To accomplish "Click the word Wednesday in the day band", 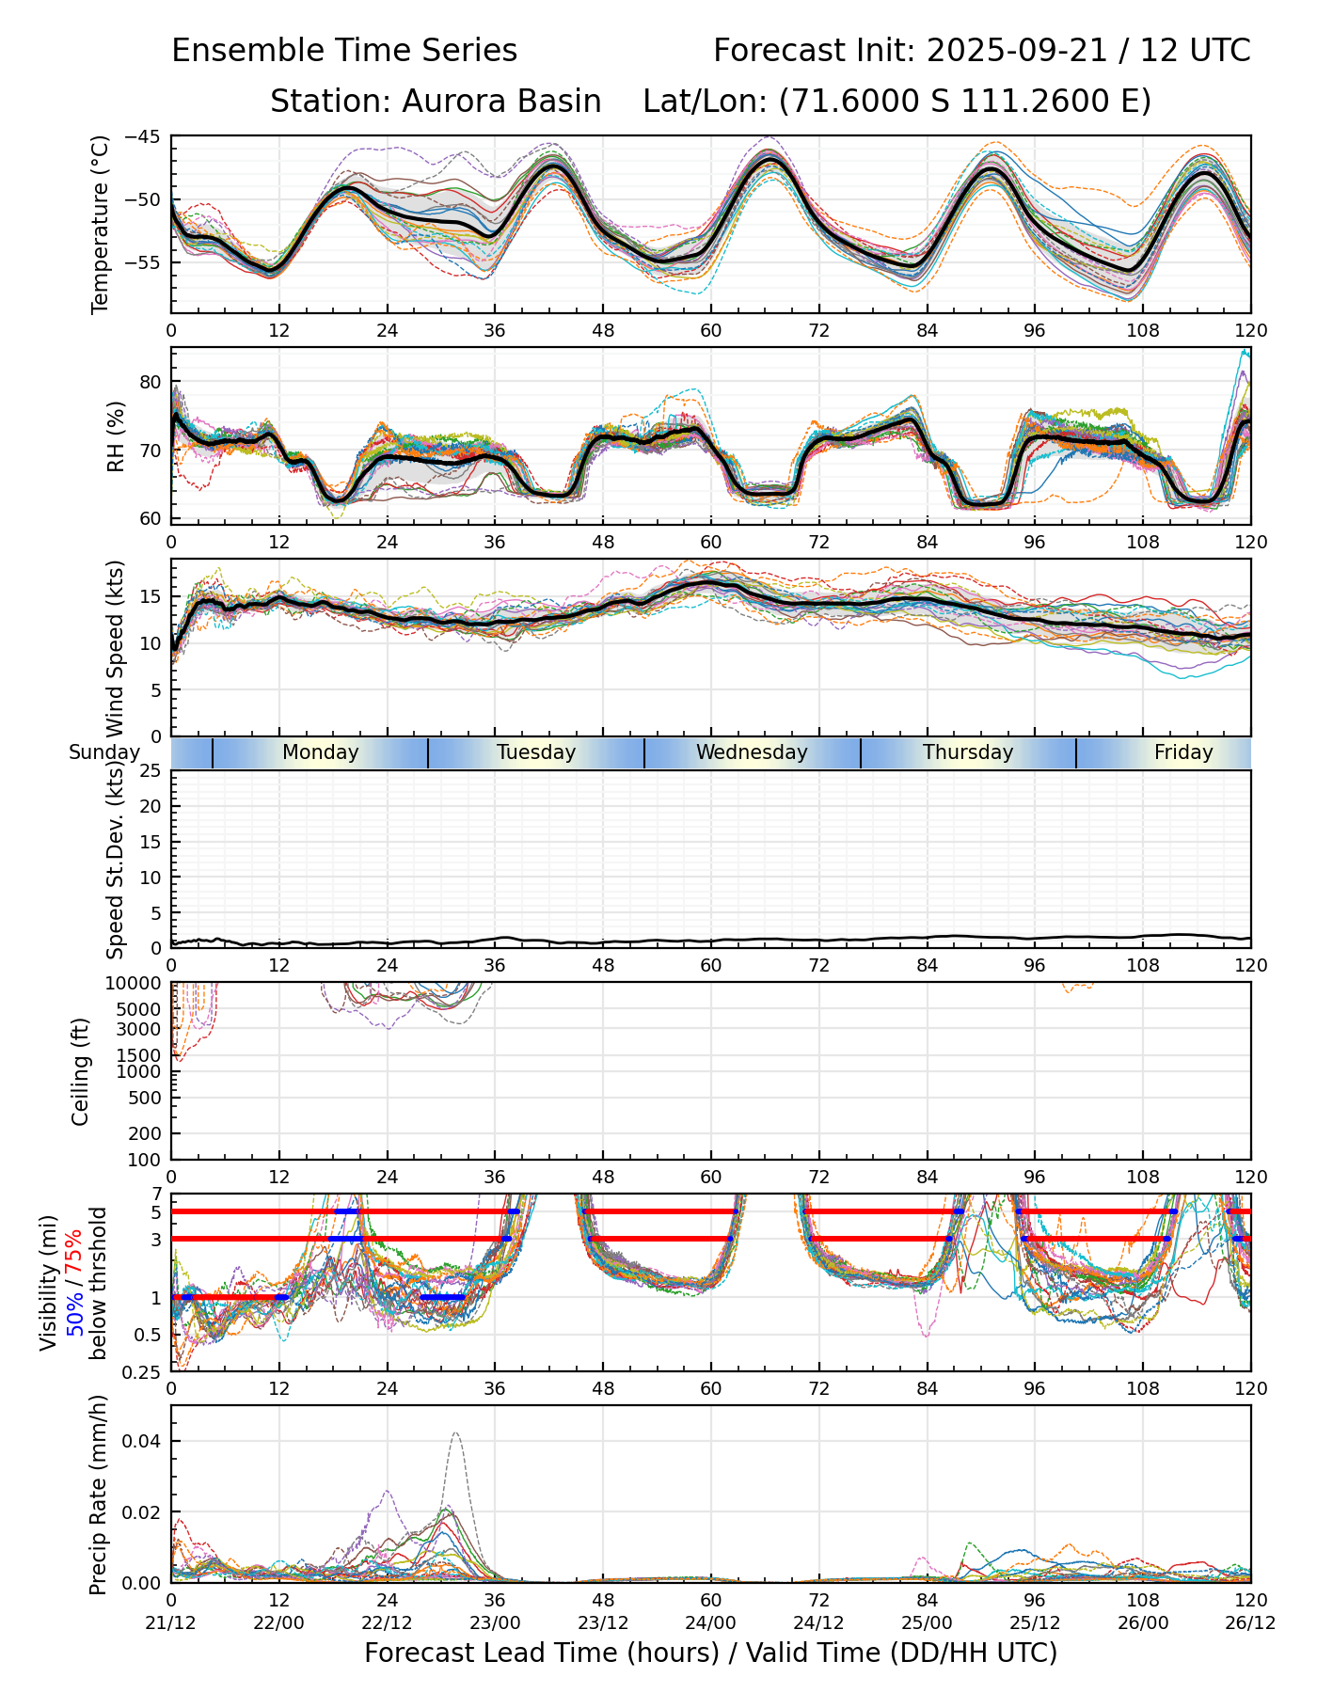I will click(752, 752).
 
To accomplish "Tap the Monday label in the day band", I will click(321, 752).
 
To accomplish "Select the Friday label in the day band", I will click(1183, 752).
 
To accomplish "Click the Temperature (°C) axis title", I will click(101, 224).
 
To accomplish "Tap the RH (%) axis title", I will click(116, 435).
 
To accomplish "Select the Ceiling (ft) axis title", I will click(81, 1071).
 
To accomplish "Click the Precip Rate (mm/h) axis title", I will click(98, 1494).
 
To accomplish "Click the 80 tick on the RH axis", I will click(152, 382).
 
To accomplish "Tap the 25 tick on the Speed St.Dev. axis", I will click(152, 771).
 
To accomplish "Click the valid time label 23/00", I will click(495, 1623).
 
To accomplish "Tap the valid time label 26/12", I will click(1250, 1623).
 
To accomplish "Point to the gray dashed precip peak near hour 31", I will click(455, 1433).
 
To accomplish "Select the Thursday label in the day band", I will click(968, 752).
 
